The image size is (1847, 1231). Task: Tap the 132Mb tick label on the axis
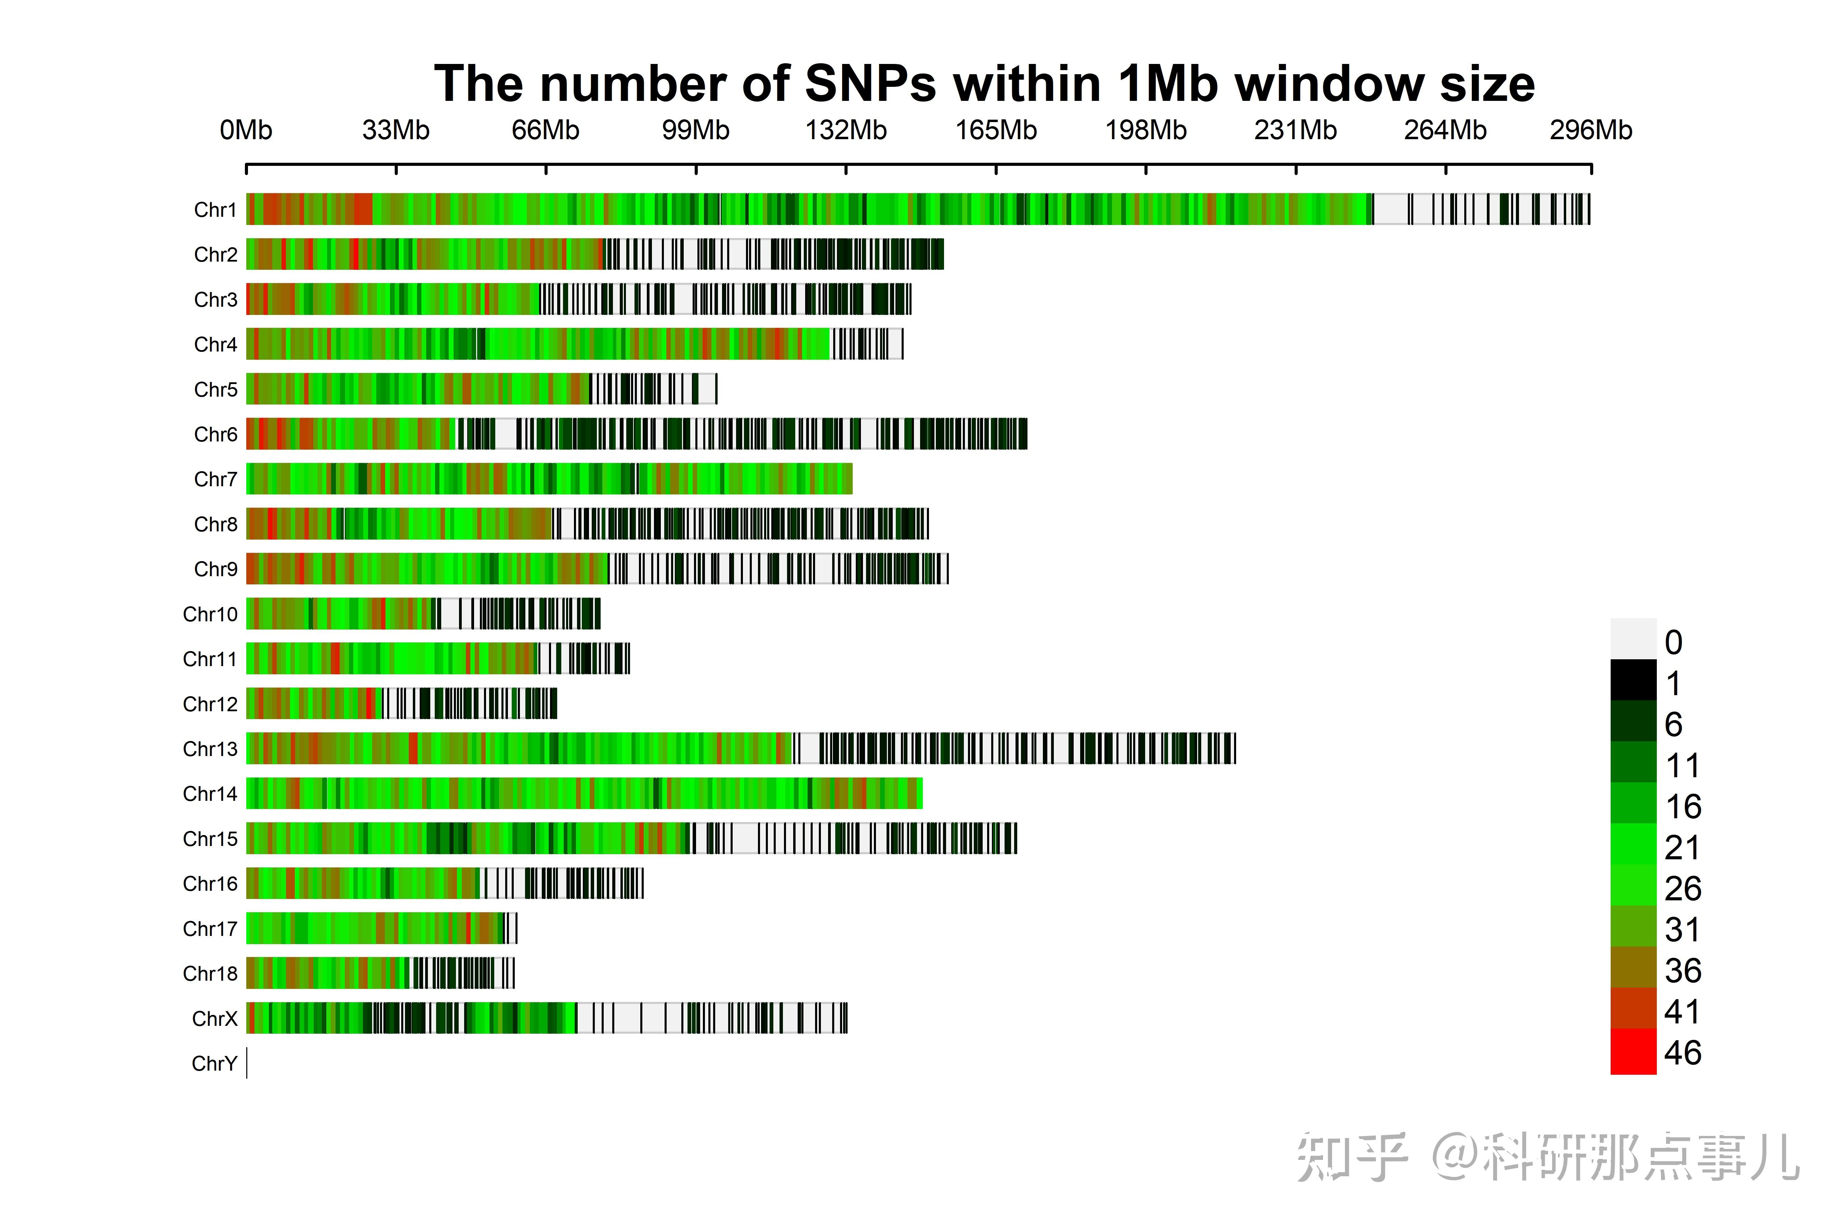coord(846,130)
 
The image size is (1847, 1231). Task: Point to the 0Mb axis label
coord(246,130)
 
